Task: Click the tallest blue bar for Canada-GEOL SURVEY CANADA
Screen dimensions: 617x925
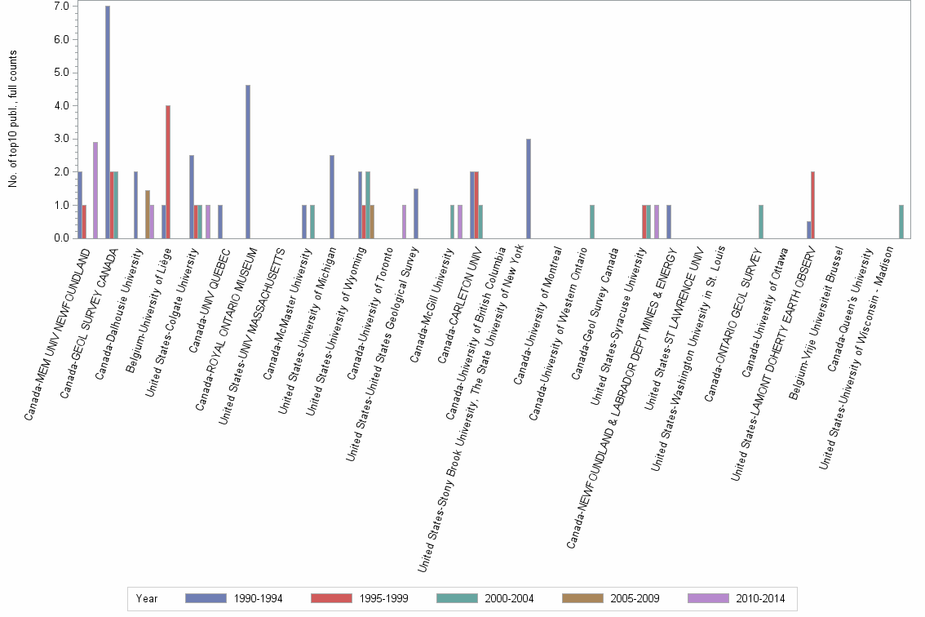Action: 108,122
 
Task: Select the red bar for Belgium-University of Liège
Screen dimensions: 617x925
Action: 168,172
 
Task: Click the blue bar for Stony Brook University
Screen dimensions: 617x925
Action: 529,189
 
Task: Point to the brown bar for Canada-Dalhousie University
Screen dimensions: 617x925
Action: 148,215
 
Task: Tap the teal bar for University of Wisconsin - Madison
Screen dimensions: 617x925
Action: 901,222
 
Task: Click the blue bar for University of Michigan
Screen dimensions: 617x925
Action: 332,197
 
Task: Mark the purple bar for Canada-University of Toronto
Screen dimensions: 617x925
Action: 404,222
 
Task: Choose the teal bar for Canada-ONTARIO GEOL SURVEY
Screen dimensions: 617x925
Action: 761,222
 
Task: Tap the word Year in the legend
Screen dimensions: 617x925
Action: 148,599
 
